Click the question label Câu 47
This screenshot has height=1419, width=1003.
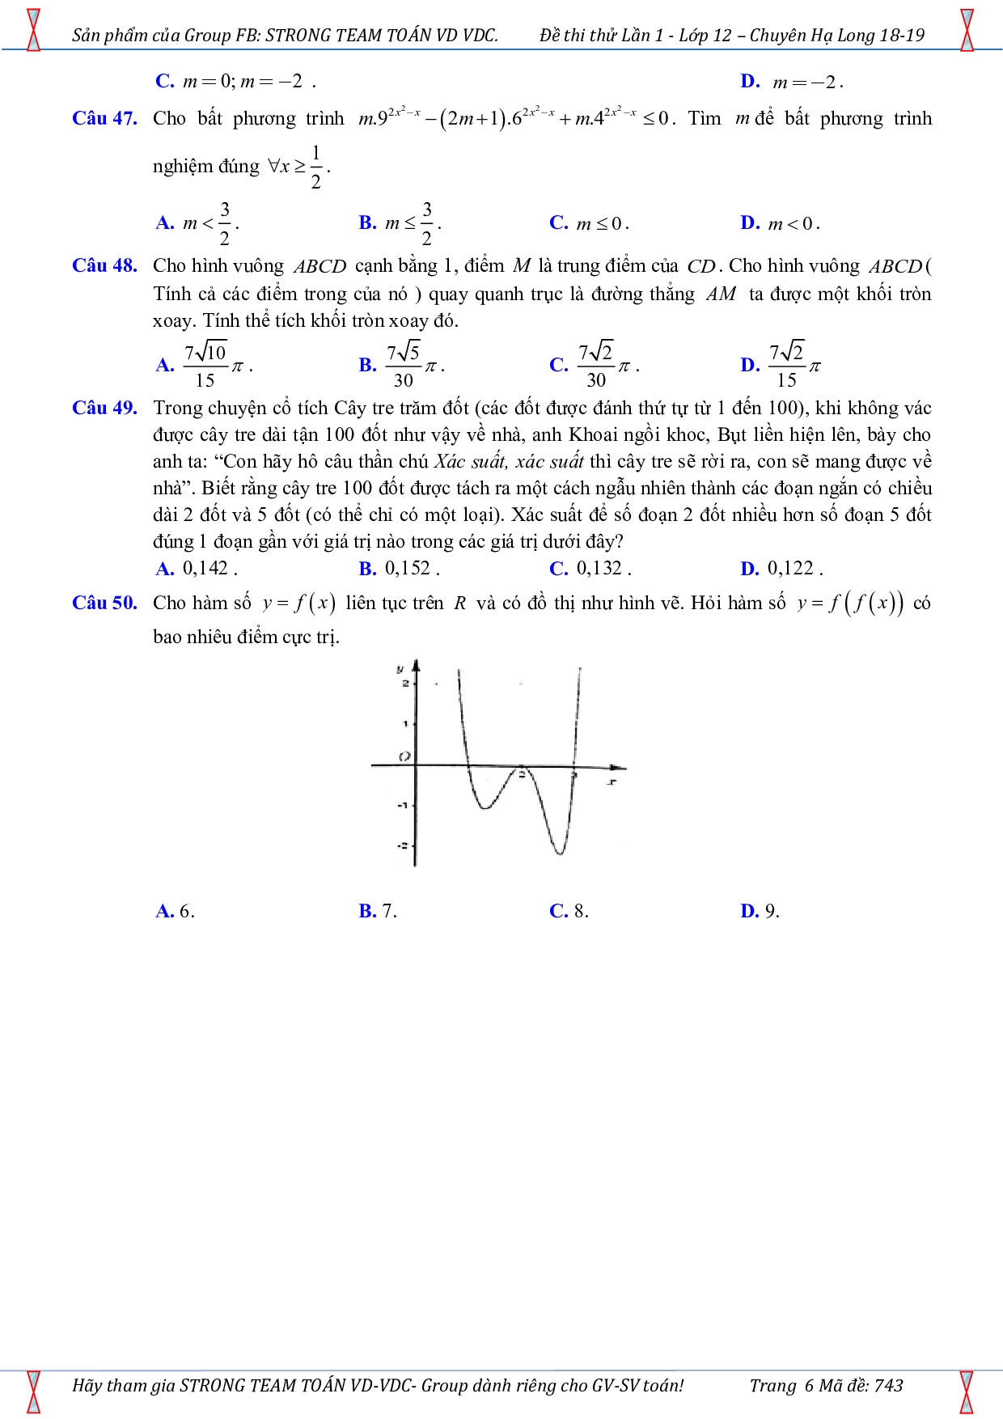104,118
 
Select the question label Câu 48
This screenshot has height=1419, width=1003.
104,265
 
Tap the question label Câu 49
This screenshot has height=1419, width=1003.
104,408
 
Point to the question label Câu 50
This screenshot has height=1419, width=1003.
104,603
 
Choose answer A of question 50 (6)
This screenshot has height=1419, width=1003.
175,911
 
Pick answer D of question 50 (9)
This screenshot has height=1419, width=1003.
760,911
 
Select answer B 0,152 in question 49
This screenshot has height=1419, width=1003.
399,568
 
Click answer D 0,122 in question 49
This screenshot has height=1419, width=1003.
781,568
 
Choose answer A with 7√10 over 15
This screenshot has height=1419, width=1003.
204,366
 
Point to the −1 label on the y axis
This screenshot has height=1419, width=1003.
401,805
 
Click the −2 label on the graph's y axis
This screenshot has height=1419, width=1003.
401,845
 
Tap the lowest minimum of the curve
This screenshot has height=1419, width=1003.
559,853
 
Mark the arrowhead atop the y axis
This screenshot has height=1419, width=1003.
416,665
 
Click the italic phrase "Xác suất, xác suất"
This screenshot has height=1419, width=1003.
509,462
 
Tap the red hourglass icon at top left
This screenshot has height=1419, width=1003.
33,30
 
